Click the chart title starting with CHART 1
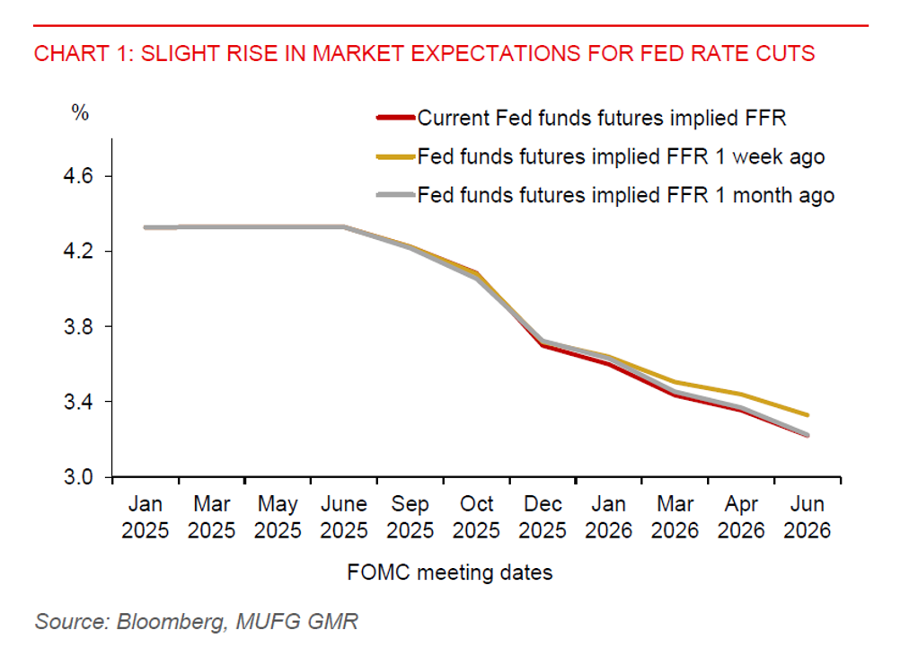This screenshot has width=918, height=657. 424,53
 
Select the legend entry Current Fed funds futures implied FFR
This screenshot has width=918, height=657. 602,118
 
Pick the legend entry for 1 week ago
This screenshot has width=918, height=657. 621,156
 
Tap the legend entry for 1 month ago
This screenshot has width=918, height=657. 626,195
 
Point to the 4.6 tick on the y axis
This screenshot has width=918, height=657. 77,176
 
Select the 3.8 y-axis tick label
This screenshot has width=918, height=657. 77,326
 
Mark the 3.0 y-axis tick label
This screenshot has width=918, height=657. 77,476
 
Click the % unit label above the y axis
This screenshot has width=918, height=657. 81,114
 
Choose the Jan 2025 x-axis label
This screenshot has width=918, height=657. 146,517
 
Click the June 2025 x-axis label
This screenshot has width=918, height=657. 343,517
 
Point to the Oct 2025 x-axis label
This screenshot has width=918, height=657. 476,517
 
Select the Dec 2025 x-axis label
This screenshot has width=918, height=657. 543,517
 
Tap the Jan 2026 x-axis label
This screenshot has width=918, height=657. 609,517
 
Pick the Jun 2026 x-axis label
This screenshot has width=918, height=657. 807,517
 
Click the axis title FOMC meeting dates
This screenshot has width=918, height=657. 449,573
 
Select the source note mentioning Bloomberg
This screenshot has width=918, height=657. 197,621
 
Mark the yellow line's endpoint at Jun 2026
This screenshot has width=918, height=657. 807,415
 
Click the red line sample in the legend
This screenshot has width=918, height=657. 395,118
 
